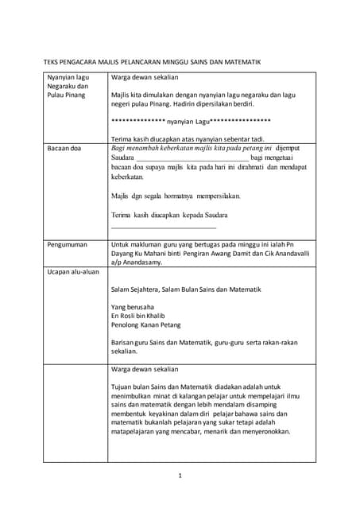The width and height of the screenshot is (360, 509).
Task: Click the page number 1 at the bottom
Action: (x=180, y=476)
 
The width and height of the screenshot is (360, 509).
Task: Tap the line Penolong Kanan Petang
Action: (x=146, y=324)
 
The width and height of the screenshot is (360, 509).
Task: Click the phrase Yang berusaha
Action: (x=134, y=306)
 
